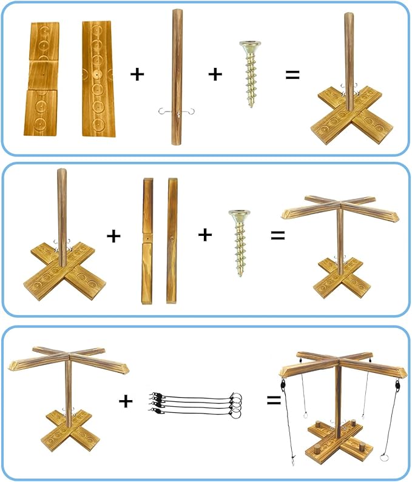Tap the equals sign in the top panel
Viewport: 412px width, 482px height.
(293, 75)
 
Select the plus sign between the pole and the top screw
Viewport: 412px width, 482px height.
(215, 75)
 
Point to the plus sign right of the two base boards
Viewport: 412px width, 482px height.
(138, 75)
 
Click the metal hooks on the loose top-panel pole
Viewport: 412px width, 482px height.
(176, 110)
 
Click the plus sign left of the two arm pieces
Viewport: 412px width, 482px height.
(113, 235)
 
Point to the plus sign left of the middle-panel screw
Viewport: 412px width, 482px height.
(206, 235)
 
